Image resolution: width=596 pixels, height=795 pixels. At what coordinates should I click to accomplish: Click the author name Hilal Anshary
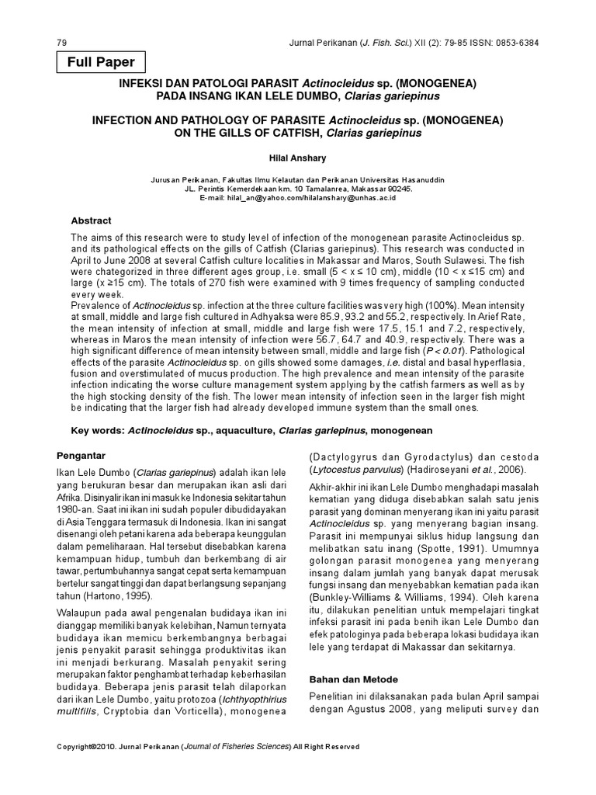click(298, 156)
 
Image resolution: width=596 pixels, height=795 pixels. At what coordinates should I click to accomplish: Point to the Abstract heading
click(91, 220)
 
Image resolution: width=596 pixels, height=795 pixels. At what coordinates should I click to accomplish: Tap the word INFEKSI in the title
click(141, 82)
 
